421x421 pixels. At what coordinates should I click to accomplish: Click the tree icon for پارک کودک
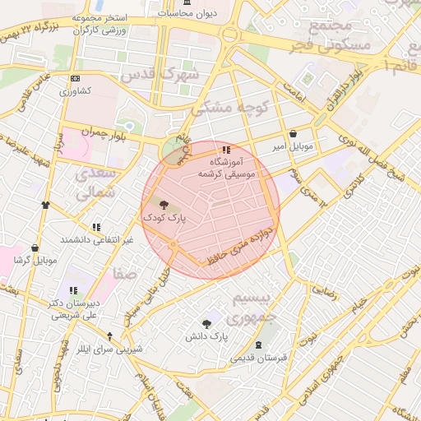tap(162, 206)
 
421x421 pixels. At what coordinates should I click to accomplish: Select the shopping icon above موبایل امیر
tap(293, 134)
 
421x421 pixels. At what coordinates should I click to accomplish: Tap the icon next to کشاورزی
tap(76, 79)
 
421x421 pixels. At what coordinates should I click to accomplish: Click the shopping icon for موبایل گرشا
tap(35, 248)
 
